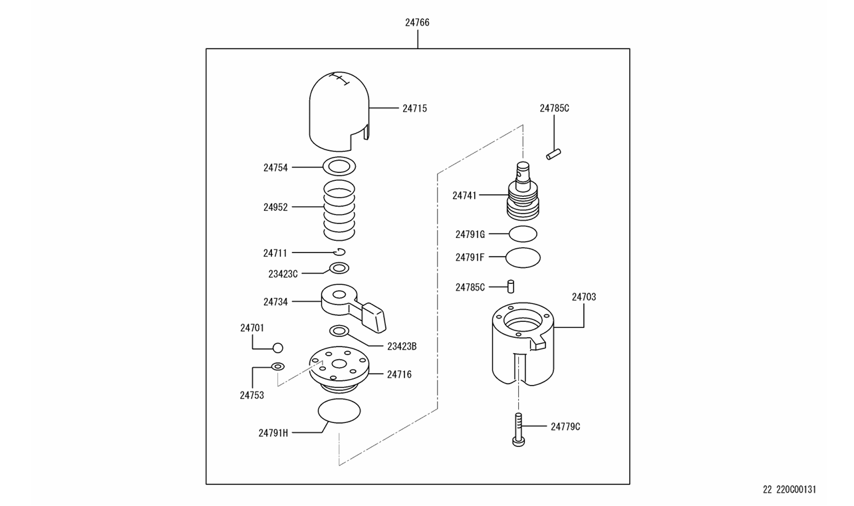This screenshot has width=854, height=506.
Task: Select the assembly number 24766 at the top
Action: coord(417,23)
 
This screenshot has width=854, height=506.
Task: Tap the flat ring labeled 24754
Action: coord(339,166)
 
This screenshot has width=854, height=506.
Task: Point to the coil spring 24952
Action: coord(339,209)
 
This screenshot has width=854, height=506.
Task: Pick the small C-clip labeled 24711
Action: coord(340,251)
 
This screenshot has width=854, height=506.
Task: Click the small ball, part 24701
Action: coord(278,347)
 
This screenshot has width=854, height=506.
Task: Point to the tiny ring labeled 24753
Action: coord(277,366)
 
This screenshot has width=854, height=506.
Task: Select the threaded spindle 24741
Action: coord(523,196)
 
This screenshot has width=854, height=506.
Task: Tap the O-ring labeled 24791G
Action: coord(523,233)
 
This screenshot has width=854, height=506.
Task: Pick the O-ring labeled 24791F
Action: coord(523,257)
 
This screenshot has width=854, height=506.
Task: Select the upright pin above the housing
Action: coord(511,286)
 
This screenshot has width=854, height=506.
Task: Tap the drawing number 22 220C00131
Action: coord(789,490)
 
